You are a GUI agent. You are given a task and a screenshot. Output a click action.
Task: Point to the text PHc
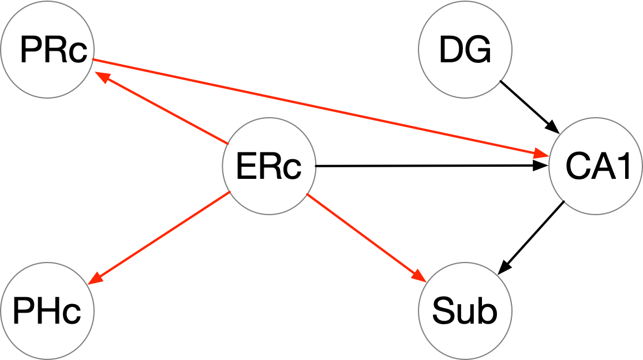coord(46,312)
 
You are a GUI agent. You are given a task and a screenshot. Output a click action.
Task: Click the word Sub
coord(465,312)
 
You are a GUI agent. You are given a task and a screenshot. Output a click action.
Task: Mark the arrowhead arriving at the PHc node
coord(96,278)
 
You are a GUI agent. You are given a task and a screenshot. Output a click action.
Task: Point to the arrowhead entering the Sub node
coord(420,276)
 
